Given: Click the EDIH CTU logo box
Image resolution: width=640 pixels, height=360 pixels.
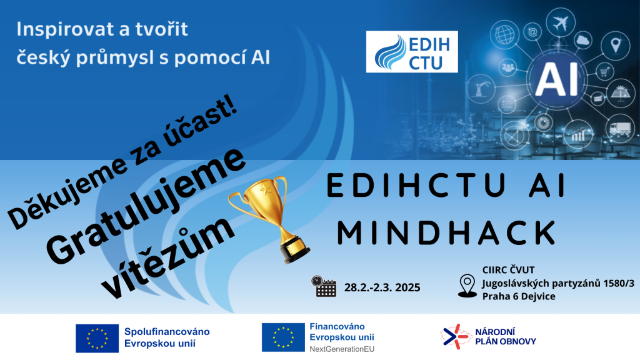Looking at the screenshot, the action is coord(412,52).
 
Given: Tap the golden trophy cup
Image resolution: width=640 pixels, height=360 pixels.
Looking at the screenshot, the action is coord(269,219).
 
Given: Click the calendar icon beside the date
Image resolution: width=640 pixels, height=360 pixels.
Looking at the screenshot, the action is coord(324,286).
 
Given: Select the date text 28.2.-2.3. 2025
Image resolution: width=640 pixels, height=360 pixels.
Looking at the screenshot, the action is coord(382,287).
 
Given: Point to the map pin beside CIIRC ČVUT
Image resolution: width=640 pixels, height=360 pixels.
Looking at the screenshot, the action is coord(467,285).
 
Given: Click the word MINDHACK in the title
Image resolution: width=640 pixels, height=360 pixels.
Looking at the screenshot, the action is coord(447,233).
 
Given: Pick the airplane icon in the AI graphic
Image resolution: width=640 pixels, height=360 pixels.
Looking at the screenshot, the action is coord(561,22).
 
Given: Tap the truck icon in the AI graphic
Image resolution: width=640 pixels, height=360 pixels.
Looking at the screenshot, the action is coord(619,129).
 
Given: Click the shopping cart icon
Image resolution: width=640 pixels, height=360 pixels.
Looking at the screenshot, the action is coord(604,72).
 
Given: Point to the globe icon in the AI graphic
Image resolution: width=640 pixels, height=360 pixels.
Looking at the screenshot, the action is coord(505,34).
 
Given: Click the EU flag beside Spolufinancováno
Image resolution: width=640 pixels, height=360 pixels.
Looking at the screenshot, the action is coord(97,338).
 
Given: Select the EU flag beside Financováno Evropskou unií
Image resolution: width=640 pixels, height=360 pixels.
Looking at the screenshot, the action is coord(283,337).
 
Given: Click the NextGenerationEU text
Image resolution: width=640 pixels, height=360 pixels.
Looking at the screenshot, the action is coord(342,349).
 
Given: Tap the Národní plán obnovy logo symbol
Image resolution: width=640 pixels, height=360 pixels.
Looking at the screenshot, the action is coord(456,337).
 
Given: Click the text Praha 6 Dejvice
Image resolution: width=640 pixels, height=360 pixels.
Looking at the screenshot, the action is coord(519,296).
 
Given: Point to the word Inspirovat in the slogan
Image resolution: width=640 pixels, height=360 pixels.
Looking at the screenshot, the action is coord(56,29).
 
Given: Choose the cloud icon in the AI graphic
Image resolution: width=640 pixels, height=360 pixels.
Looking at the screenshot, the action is coord(583,40).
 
